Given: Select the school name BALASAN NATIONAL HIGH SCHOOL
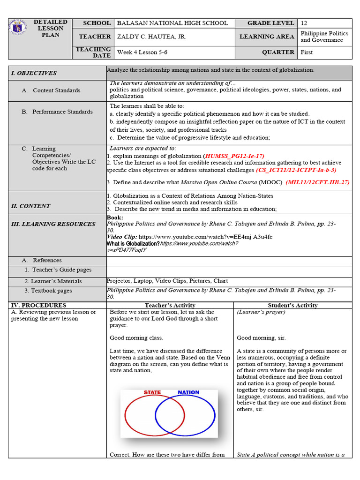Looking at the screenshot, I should point(172,23).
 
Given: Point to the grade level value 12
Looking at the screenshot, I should point(304,23).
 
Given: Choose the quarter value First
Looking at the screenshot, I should point(307,52).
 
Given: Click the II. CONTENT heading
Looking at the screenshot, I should point(30,206).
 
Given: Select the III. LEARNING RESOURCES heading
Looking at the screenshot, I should point(53,224).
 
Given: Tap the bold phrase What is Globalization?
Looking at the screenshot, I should point(133,244).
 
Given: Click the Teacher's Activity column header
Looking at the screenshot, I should point(170,305).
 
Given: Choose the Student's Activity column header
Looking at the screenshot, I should point(292,305).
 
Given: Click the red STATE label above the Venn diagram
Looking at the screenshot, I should point(152,392).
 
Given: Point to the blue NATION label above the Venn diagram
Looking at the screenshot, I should point(188,392).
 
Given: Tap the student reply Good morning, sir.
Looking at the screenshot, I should point(261,338).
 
